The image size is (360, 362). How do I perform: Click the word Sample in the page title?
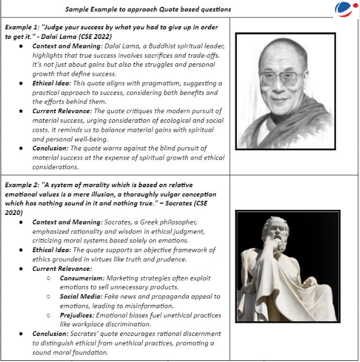coord(77,9)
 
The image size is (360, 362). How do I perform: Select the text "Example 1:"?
coord(22,27)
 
